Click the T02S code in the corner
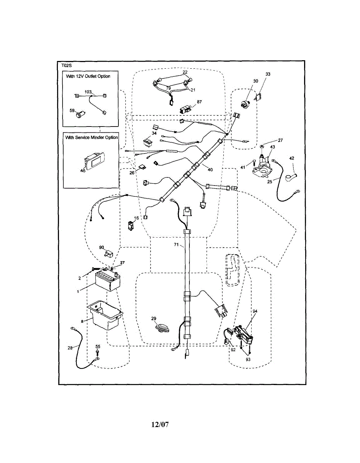(66, 66)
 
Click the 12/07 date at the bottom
(160, 425)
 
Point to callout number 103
(88, 92)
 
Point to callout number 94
(255, 311)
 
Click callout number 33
(268, 74)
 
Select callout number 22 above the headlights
(185, 72)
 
